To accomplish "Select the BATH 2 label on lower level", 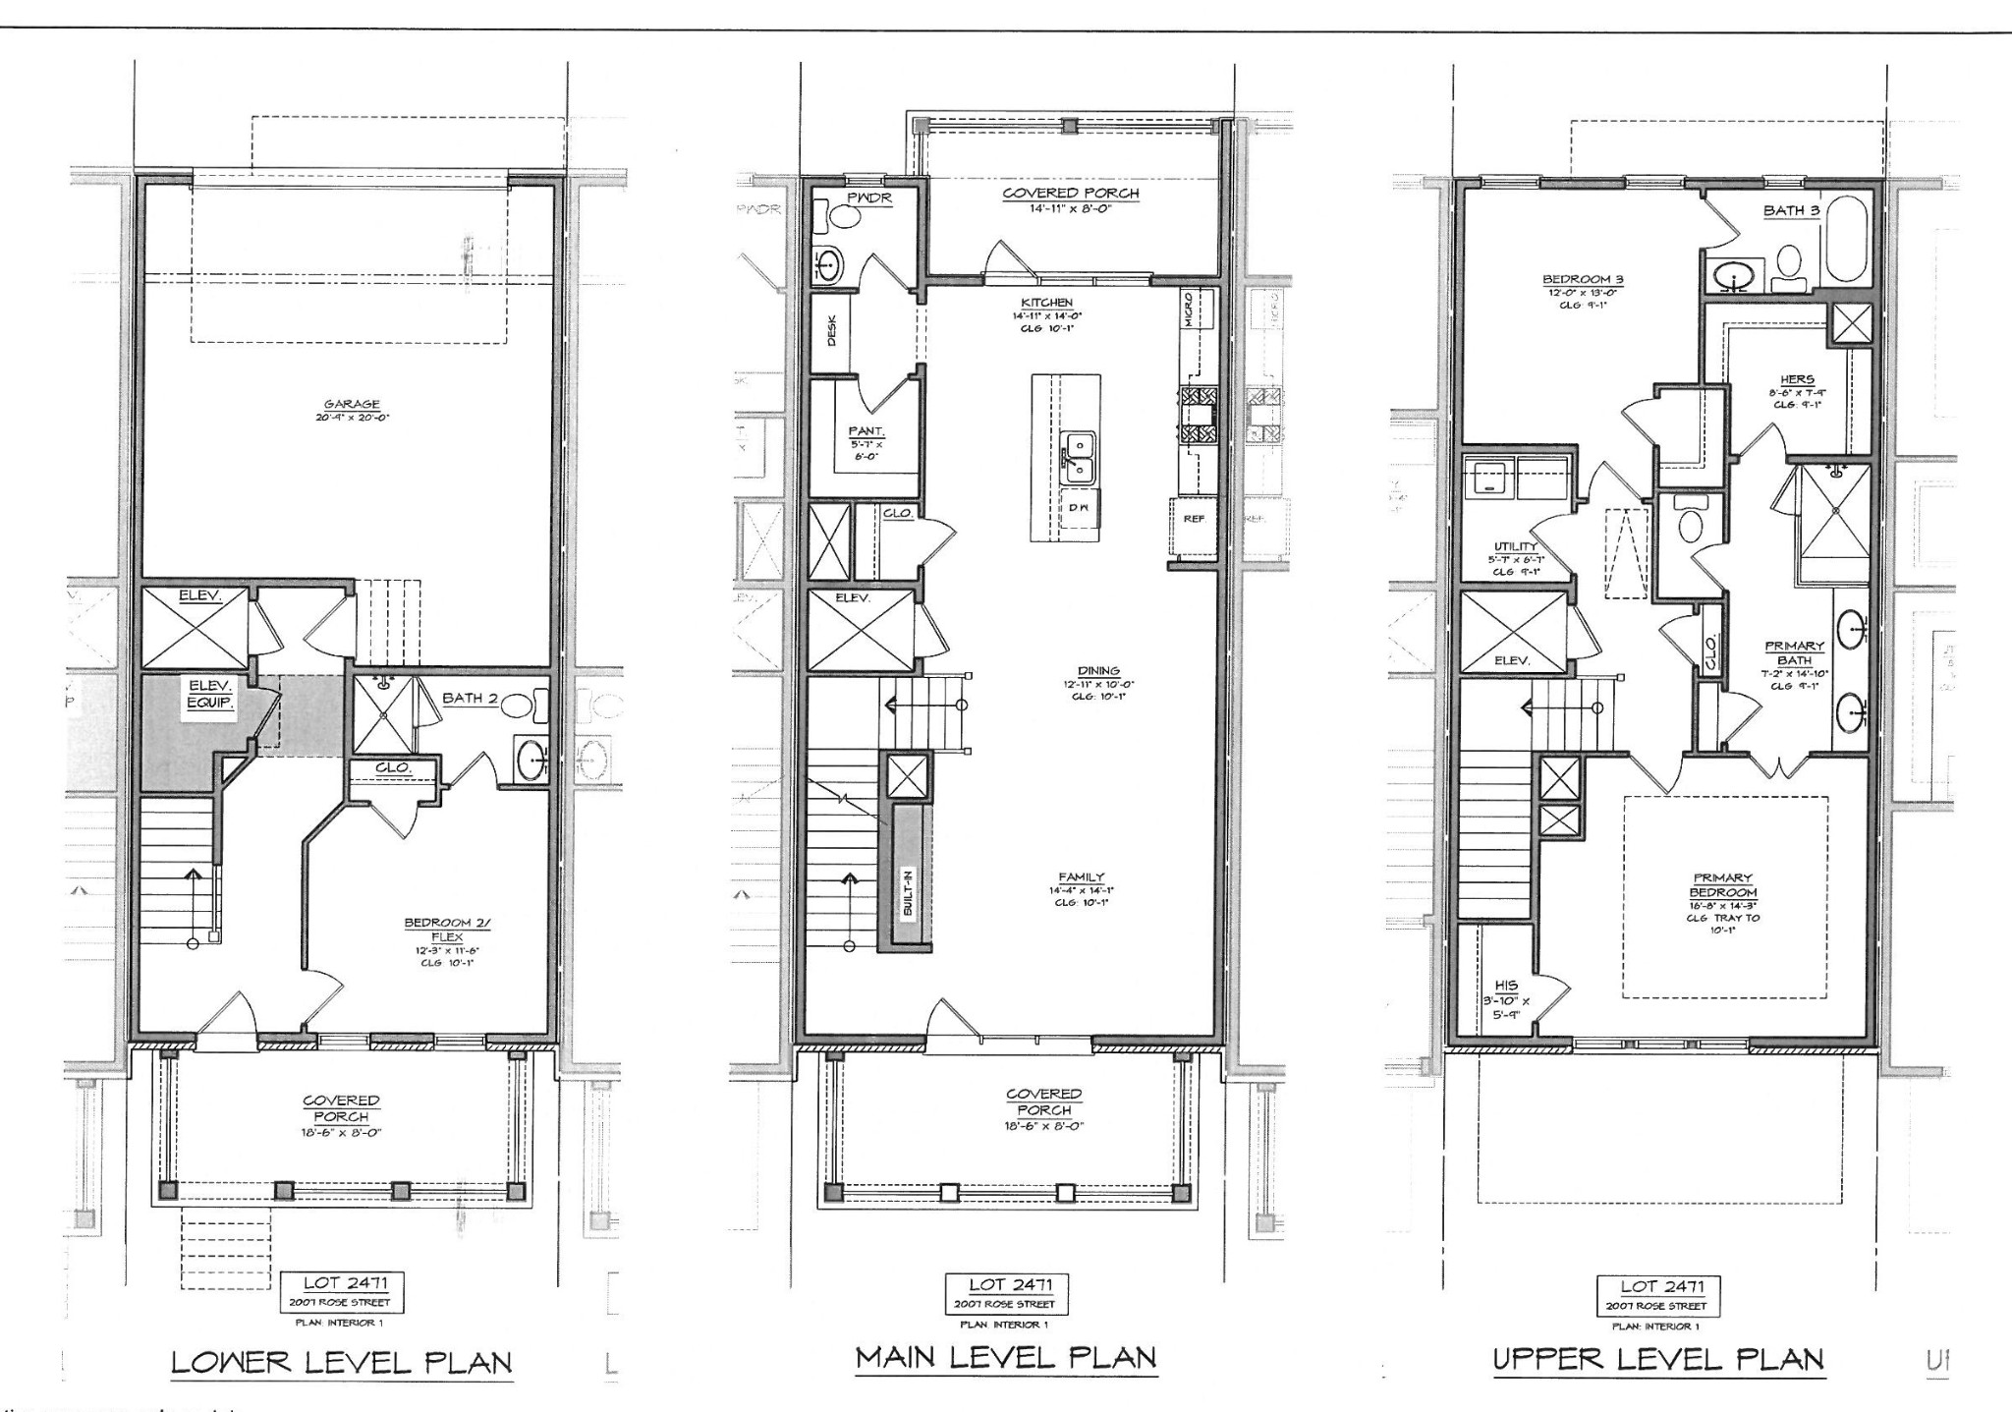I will tap(470, 698).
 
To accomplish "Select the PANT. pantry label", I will tap(866, 430).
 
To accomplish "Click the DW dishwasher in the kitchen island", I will tap(1079, 508).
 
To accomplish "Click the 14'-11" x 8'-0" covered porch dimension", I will tap(1070, 208).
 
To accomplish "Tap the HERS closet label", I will tap(1796, 379).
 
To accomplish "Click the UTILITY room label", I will tap(1514, 546).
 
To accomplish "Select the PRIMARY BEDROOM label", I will tap(1722, 885).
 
